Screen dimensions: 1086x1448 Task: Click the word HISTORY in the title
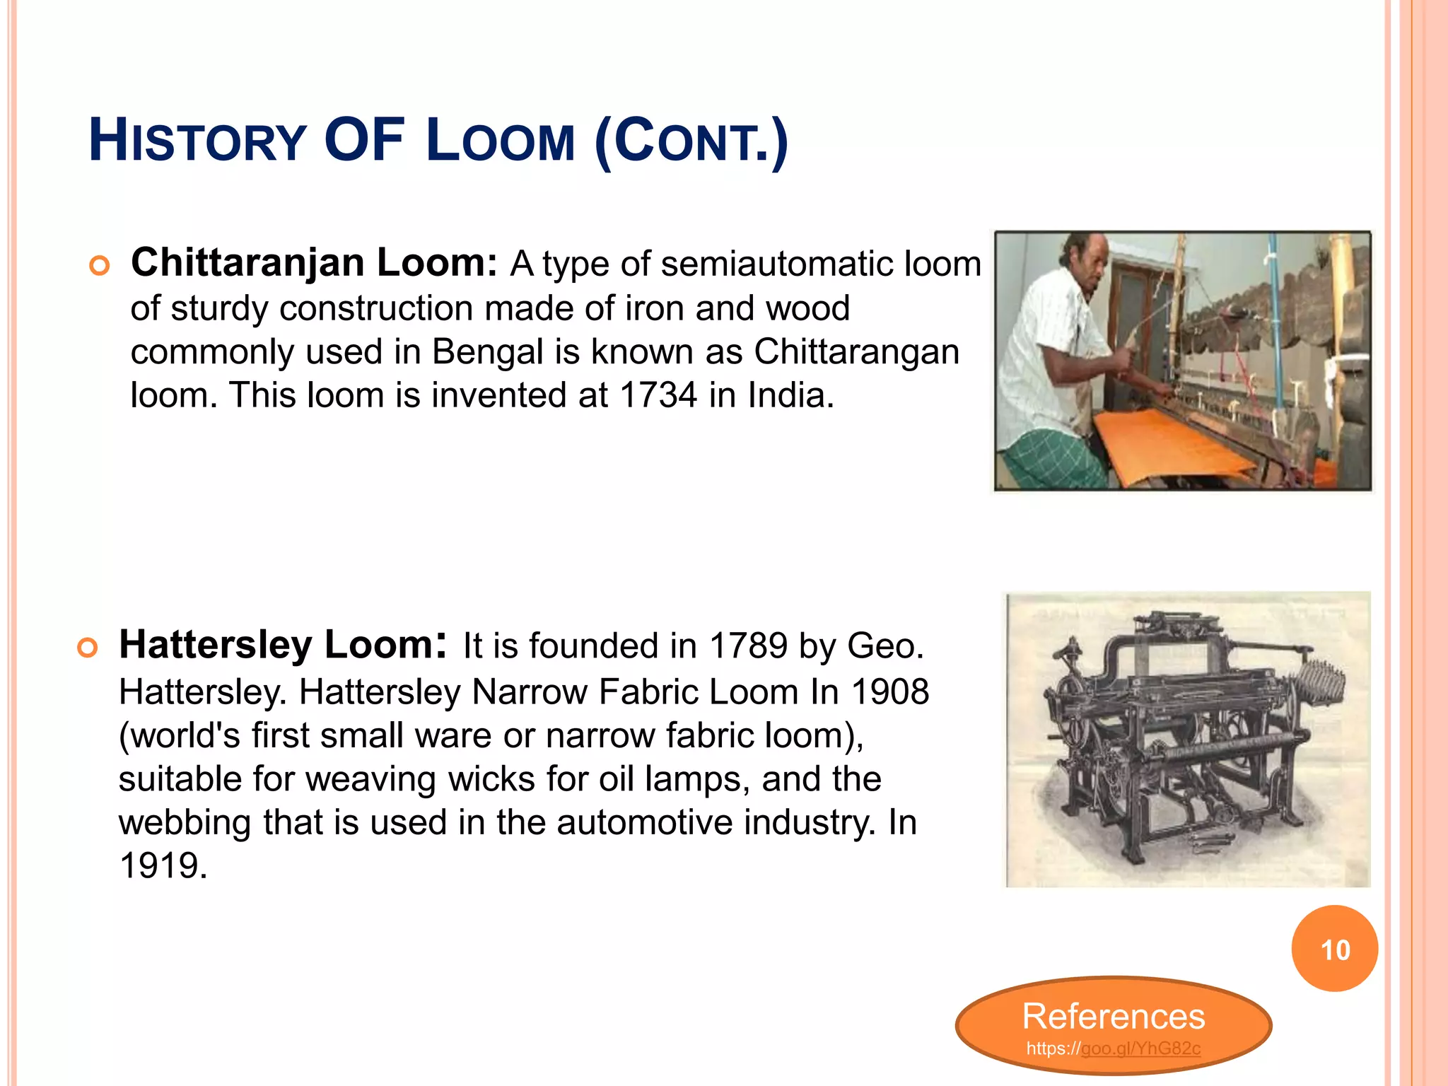point(197,141)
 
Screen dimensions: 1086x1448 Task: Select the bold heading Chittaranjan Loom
point(314,263)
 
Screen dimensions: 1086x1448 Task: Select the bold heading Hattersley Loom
point(282,645)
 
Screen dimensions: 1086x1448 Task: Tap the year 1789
point(748,646)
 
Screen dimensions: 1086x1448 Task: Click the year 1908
point(889,691)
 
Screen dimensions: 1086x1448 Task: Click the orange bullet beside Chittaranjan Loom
point(100,267)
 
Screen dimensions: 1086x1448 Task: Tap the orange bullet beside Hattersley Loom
point(88,648)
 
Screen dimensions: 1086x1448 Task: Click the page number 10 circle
point(1334,950)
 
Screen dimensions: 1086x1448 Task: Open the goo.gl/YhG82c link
point(1140,1049)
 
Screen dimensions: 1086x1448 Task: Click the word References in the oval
point(1114,1017)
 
